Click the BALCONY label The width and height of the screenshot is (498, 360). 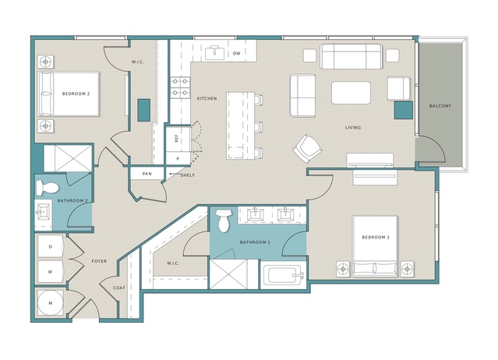point(440,106)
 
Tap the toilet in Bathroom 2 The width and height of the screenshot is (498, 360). point(47,188)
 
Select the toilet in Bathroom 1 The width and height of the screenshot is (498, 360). point(224,220)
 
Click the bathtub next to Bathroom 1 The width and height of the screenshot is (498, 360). point(284,275)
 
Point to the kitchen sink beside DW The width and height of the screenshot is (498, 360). point(215,52)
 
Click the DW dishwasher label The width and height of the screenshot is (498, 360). point(237,53)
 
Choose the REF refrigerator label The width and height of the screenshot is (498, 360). point(177,139)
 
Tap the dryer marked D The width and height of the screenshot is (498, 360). point(51,246)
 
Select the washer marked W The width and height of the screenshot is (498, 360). point(51,272)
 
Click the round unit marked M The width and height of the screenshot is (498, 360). point(51,303)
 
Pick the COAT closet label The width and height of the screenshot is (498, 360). point(119,288)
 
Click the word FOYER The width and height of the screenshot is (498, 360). point(99,261)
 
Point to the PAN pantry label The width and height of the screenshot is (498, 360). point(147,174)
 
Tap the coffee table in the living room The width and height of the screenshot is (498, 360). point(351,93)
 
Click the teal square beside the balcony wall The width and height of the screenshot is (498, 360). point(404,110)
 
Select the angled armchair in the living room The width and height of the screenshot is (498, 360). point(307,149)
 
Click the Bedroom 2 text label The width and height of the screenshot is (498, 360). point(76,94)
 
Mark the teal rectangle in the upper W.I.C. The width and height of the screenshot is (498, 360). point(144,110)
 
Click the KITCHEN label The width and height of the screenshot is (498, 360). point(207,99)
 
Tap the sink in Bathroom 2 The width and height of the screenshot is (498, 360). point(43,211)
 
